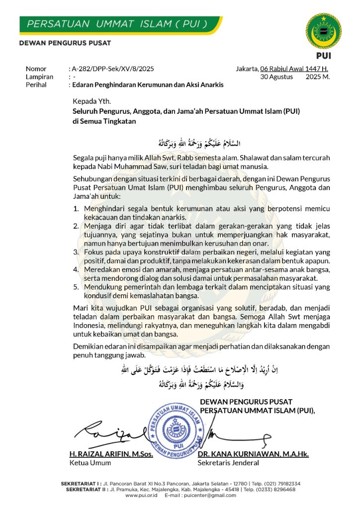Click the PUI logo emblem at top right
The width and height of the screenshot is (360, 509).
(x=323, y=31)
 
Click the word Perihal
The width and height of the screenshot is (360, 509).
(x=36, y=85)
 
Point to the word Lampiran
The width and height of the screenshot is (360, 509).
(x=39, y=77)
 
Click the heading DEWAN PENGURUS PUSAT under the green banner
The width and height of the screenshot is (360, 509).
(x=65, y=43)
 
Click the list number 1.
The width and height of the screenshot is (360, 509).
(x=76, y=209)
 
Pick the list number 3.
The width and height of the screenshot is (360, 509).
(x=76, y=253)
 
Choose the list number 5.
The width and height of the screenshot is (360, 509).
(x=76, y=287)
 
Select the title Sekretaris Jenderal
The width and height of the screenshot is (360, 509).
(x=228, y=463)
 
